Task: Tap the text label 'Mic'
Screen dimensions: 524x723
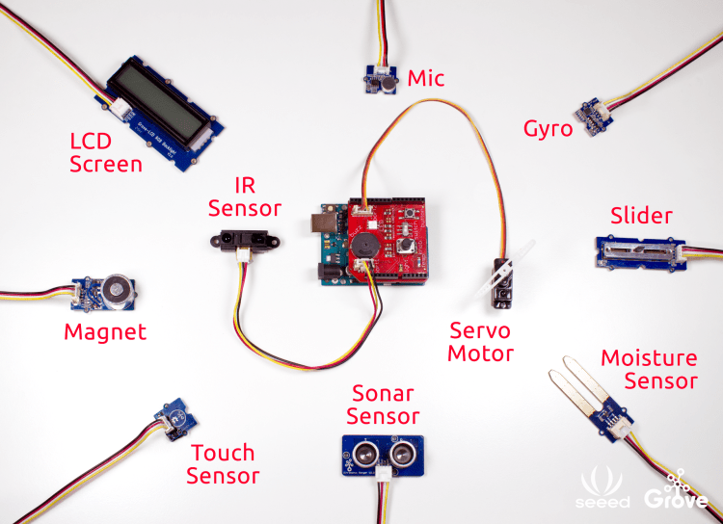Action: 426,78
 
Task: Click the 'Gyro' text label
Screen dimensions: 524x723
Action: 548,129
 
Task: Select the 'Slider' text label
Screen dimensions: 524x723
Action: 642,215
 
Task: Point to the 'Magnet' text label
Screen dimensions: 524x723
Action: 105,333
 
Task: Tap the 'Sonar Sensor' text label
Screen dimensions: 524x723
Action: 383,406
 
